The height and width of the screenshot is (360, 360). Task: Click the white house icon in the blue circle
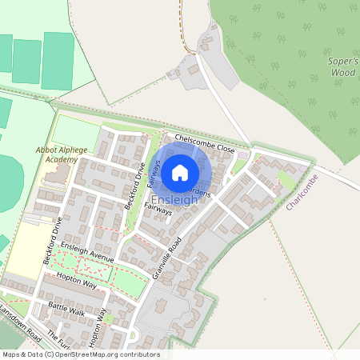180,171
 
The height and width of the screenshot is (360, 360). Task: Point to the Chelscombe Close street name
206,143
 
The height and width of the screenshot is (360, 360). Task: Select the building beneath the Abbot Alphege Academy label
54,173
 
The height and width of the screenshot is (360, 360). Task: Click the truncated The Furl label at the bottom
54,337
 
